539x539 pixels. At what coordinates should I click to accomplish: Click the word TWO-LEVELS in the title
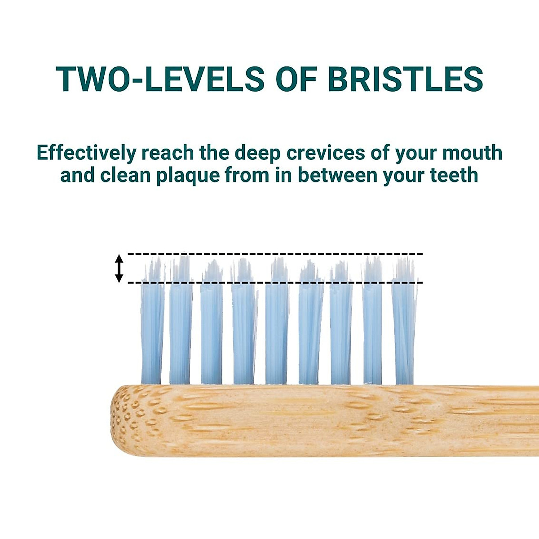(160, 79)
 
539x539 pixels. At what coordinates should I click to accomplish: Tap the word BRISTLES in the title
(406, 79)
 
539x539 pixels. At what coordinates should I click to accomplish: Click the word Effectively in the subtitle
(86, 154)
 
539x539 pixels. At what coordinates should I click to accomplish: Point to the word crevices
(326, 153)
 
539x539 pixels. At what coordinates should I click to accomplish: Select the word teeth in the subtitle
(454, 176)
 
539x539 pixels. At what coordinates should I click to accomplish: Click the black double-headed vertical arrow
(119, 269)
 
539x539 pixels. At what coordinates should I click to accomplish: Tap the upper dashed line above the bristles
(275, 254)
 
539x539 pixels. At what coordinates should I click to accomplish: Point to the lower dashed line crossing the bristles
(275, 283)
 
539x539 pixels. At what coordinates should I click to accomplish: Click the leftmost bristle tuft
(152, 322)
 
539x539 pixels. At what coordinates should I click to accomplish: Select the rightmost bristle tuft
(404, 322)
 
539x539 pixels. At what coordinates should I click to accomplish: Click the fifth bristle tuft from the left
(276, 322)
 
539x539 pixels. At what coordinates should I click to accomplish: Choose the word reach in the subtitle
(168, 153)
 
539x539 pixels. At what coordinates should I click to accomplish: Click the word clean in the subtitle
(125, 176)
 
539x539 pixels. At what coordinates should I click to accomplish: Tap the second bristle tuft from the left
(181, 322)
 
